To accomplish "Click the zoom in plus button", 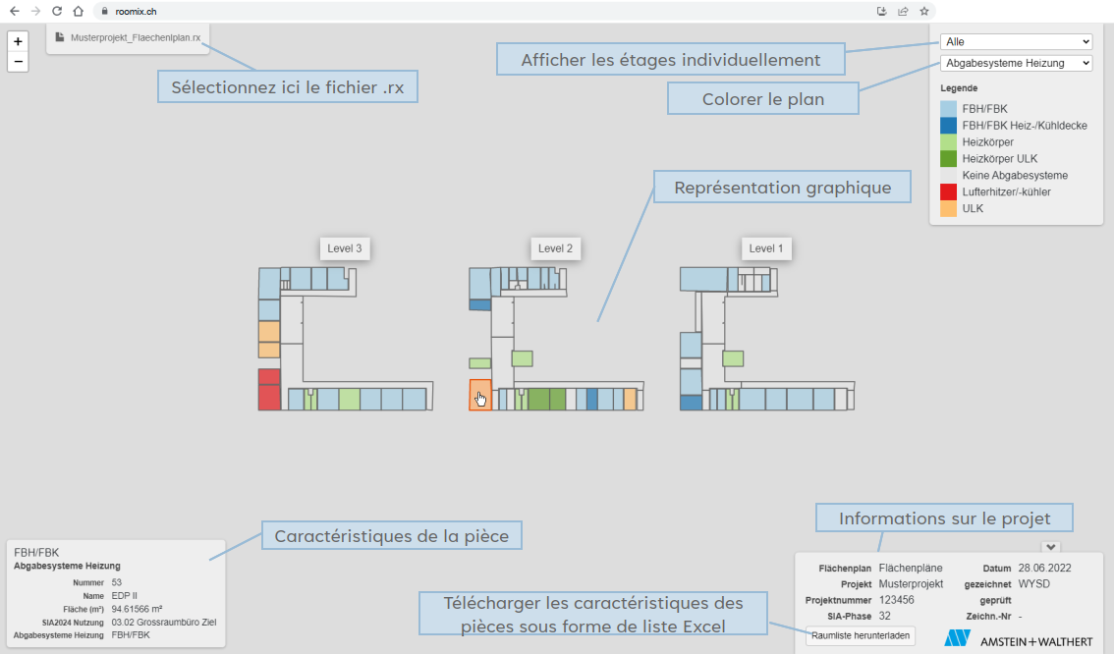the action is pos(18,41).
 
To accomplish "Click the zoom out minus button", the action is pos(18,62).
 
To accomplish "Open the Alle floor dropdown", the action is pos(1016,42).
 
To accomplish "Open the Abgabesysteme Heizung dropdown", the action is pos(1016,63).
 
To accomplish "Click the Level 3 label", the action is pos(345,248).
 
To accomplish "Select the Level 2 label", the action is pos(556,248).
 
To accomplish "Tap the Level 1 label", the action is pos(766,248).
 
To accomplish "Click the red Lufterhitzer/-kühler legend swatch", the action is pos(948,191).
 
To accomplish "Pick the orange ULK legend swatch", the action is pos(948,209).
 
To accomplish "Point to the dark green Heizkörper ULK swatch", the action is pos(948,158).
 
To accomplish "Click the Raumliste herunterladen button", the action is pos(861,635).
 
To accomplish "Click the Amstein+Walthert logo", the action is pos(1018,639).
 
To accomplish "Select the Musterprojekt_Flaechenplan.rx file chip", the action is pos(129,37).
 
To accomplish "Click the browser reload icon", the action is pos(57,12).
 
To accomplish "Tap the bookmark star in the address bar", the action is pos(924,12).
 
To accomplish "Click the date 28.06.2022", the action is pos(1044,569).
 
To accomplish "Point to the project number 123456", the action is pos(897,600).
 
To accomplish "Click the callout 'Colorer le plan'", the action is pos(763,99).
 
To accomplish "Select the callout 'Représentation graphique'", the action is pos(782,187).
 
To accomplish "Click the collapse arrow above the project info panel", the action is pos(1051,548).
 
